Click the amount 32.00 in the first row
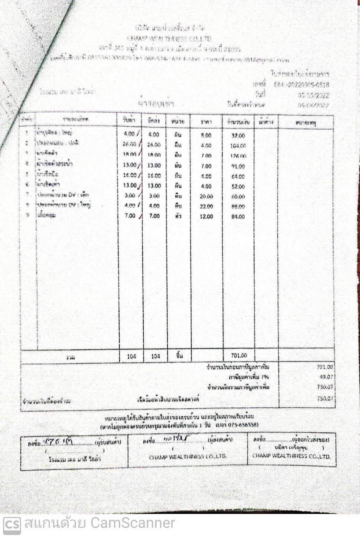(238, 136)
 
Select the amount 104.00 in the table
(238, 146)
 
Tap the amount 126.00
(238, 156)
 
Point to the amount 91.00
(238, 166)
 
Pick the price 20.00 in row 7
(206, 196)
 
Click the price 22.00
(206, 206)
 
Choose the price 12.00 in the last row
(206, 216)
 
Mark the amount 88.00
(238, 206)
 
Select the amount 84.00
(238, 216)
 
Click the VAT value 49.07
(326, 377)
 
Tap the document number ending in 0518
(302, 85)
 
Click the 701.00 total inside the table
(239, 356)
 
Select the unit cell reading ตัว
(178, 216)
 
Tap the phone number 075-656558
(243, 424)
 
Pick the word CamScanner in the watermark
(132, 523)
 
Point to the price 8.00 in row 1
(206, 136)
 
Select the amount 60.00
(238, 197)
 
